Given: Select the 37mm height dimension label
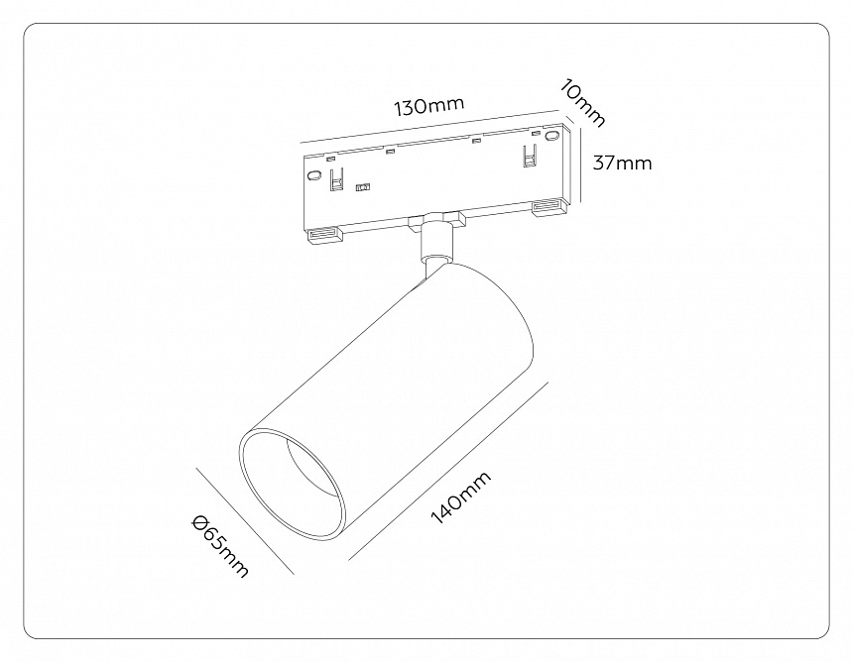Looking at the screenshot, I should [622, 163].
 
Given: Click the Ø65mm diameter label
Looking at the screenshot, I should [220, 546].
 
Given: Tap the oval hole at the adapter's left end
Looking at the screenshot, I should [313, 176].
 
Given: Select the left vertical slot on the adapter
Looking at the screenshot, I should [337, 179].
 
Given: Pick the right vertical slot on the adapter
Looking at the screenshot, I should [529, 155].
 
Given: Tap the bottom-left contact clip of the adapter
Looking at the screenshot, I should [323, 235].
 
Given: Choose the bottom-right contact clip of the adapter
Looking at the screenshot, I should [548, 207].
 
